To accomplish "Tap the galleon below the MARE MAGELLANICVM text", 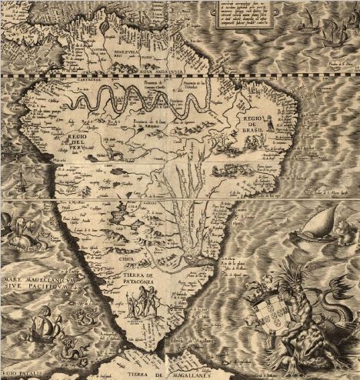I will pyautogui.click(x=38, y=327).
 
